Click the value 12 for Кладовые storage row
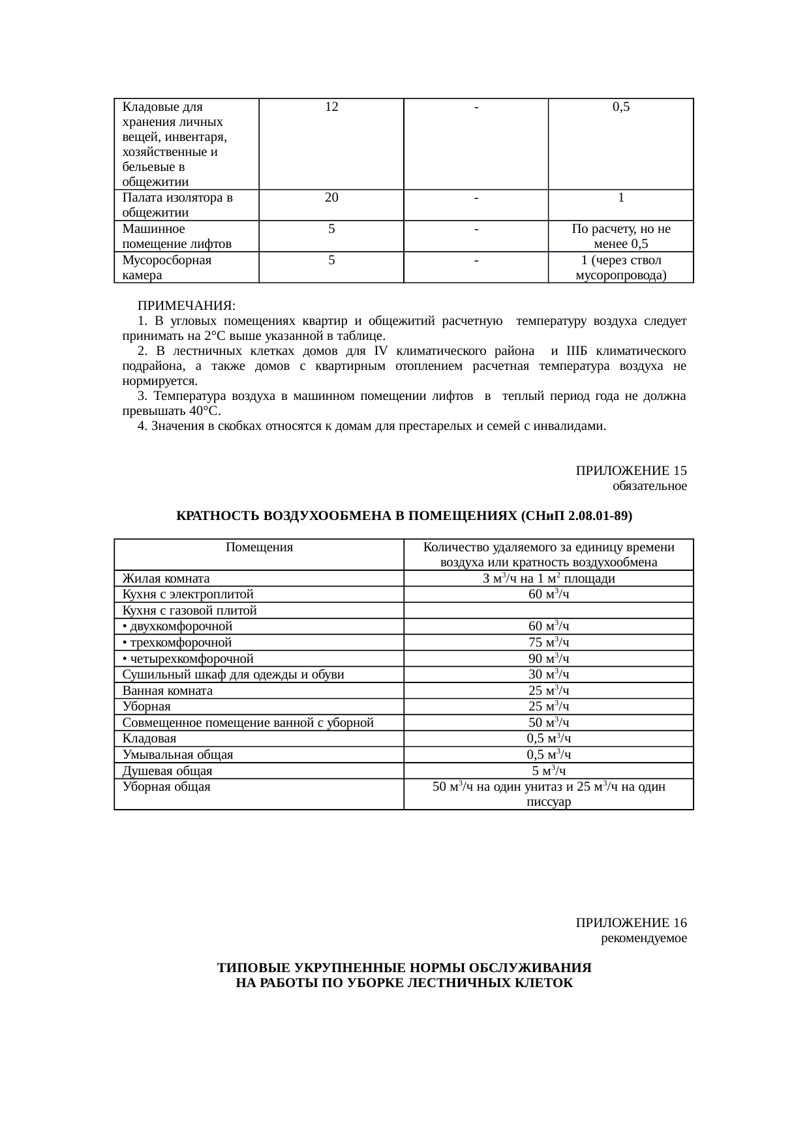click(331, 107)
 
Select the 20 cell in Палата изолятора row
click(331, 198)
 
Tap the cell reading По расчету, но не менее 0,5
click(620, 236)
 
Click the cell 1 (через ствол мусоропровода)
click(620, 267)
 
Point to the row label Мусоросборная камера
click(166, 267)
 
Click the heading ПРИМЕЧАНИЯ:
click(186, 306)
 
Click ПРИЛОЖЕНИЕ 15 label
click(631, 470)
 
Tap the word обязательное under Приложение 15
click(649, 486)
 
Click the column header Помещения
click(259, 547)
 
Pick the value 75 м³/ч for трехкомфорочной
click(549, 643)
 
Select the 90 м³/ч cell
click(549, 659)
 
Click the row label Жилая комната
click(166, 579)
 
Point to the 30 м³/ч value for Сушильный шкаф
click(549, 675)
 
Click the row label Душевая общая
click(167, 771)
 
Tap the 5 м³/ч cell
click(549, 771)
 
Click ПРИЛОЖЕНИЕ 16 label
click(631, 923)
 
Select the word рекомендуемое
click(643, 939)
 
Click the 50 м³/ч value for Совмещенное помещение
click(549, 723)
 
